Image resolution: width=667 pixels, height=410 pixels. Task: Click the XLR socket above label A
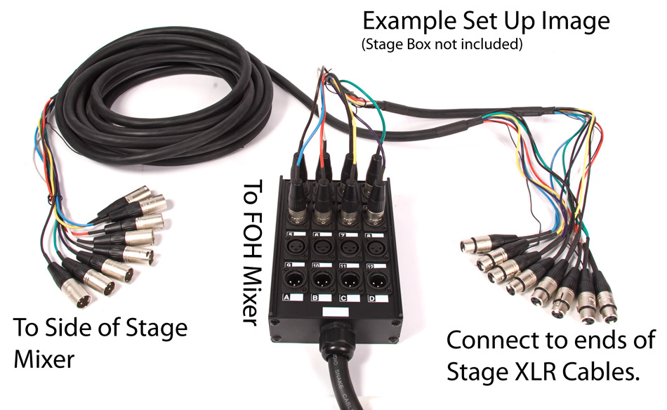click(291, 280)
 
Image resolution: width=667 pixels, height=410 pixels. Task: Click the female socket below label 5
click(291, 249)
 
